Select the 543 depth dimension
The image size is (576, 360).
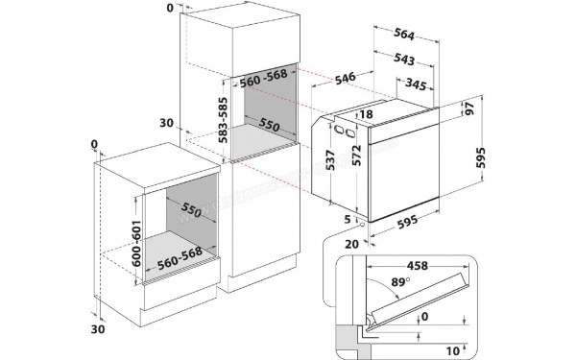[x=403, y=60]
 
